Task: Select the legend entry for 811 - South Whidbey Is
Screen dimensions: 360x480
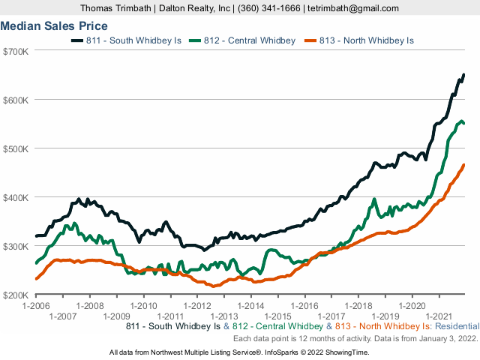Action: [126, 40]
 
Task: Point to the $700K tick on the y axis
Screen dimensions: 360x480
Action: [16, 51]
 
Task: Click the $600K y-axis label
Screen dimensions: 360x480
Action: [16, 100]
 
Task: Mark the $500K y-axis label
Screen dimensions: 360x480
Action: [16, 148]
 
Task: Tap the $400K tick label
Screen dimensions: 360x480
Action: [16, 197]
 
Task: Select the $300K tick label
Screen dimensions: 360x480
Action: [16, 246]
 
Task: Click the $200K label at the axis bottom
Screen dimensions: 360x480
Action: [16, 295]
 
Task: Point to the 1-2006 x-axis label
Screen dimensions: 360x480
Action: [35, 306]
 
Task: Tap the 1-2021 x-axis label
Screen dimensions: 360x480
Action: [439, 315]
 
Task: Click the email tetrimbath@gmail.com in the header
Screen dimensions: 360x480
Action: [352, 7]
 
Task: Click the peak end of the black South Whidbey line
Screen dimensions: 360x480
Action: [463, 75]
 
